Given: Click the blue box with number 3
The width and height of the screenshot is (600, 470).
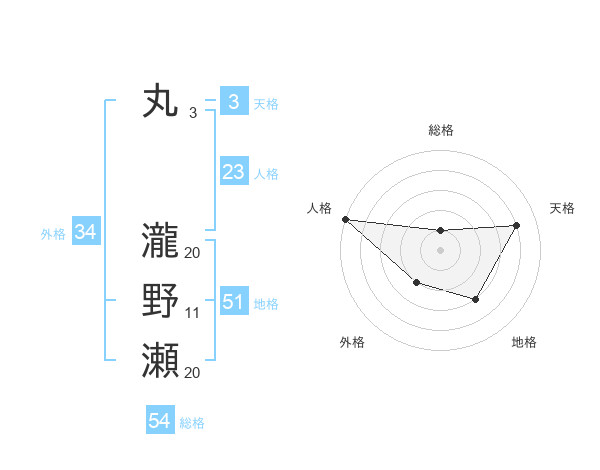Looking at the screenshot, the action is click(233, 101).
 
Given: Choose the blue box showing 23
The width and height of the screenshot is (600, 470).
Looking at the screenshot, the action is click(233, 172).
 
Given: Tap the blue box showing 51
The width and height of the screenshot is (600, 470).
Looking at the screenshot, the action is click(233, 302).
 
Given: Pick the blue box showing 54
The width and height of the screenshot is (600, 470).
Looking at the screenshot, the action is click(159, 422).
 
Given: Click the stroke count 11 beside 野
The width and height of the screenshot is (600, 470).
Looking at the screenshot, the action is click(193, 313).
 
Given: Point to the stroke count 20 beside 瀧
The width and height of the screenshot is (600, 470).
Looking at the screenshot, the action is click(193, 252).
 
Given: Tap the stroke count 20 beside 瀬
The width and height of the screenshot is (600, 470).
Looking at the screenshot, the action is click(193, 373).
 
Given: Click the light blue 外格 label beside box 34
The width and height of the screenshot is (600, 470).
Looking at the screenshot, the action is click(53, 234).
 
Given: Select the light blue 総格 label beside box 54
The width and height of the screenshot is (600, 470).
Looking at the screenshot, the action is click(192, 423).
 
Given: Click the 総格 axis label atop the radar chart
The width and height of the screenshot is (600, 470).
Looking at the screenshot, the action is click(440, 130).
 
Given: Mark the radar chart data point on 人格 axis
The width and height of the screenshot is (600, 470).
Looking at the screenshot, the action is click(345, 218).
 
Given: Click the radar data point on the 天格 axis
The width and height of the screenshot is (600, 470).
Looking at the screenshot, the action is click(516, 225).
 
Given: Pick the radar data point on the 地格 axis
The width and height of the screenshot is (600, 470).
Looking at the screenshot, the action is click(476, 299).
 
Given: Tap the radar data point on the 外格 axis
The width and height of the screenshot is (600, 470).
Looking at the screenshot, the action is click(416, 284).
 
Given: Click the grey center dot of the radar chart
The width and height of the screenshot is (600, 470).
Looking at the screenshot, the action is click(440, 250).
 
